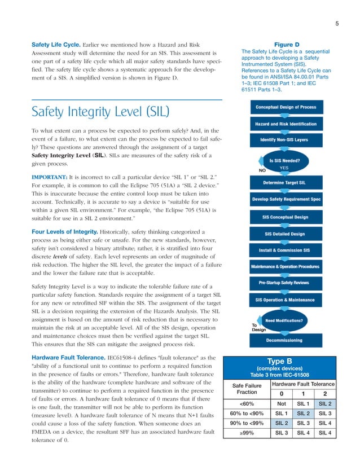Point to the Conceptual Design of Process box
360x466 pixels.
click(286, 107)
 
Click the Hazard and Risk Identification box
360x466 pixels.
click(286, 124)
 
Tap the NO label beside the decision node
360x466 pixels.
click(262, 169)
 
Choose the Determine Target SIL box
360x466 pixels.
click(286, 183)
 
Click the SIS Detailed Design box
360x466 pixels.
click(286, 233)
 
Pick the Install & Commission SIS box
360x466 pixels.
click(286, 249)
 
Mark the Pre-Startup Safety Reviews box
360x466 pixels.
click(286, 283)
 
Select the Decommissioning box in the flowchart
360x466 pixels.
click(286, 340)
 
